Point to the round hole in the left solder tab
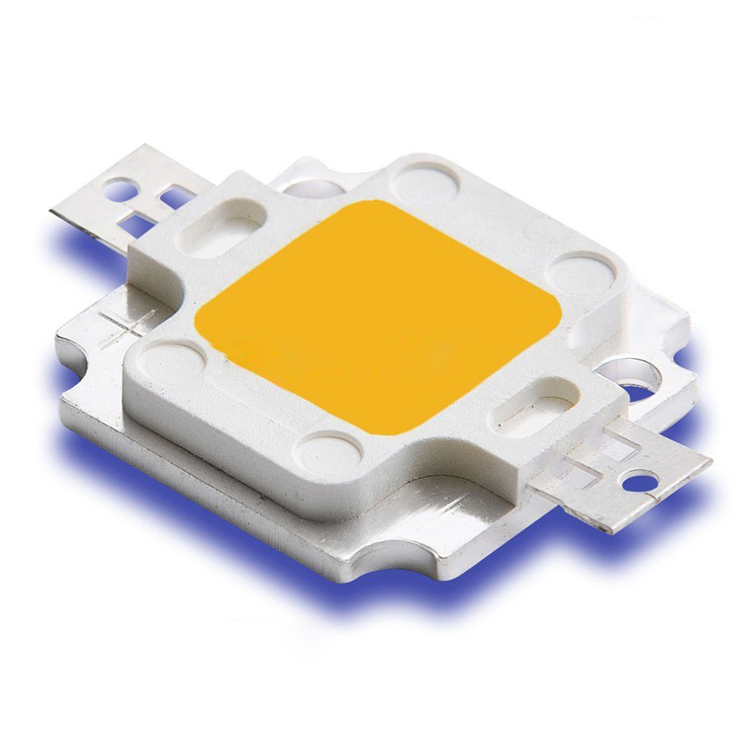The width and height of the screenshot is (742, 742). (124, 184)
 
